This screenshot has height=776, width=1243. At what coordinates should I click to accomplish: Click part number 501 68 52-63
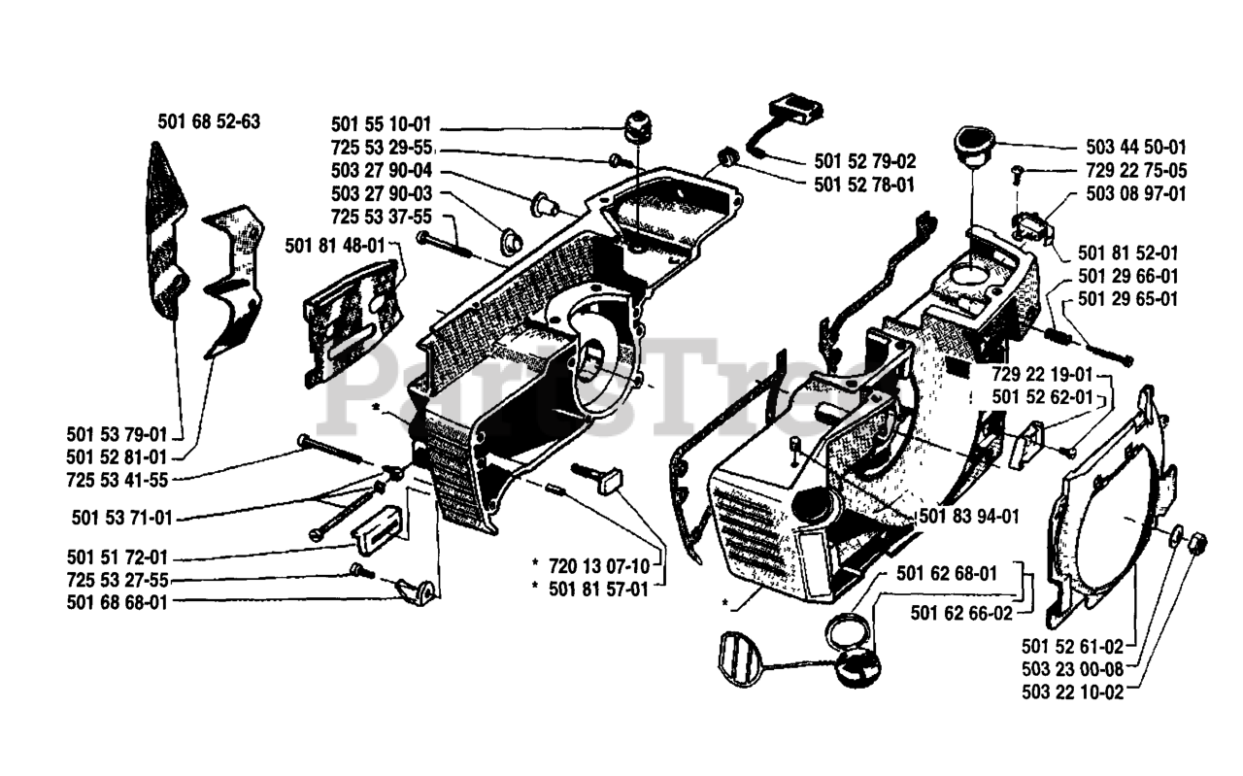tap(208, 121)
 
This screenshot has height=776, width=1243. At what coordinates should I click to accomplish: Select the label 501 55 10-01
tap(381, 125)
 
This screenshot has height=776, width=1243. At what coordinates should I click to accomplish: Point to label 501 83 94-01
tap(969, 516)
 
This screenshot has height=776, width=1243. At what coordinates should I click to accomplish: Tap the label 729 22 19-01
tap(1043, 374)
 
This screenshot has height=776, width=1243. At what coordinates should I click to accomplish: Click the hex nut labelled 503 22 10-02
tap(1196, 540)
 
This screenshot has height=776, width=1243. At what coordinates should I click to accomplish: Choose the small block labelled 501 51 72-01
tap(374, 530)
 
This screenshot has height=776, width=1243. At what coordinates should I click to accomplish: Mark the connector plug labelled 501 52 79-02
tap(791, 110)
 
